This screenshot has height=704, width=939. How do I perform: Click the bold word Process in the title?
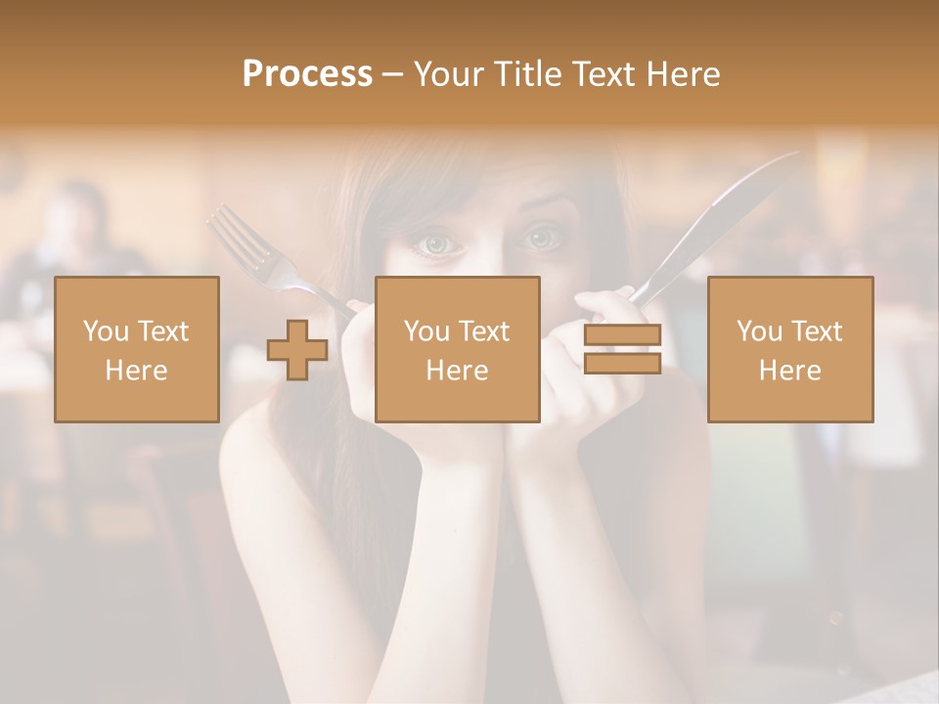307,74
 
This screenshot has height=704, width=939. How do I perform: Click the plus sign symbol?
297,349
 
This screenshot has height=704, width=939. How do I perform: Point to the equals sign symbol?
622,349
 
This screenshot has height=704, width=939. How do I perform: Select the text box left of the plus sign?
137,349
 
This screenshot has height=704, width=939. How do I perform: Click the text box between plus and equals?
457,349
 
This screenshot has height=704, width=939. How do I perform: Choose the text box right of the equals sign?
789,349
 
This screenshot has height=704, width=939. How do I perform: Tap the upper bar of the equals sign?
622,335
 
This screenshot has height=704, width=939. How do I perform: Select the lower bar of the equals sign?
622,363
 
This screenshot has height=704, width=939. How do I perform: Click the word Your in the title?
452,74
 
